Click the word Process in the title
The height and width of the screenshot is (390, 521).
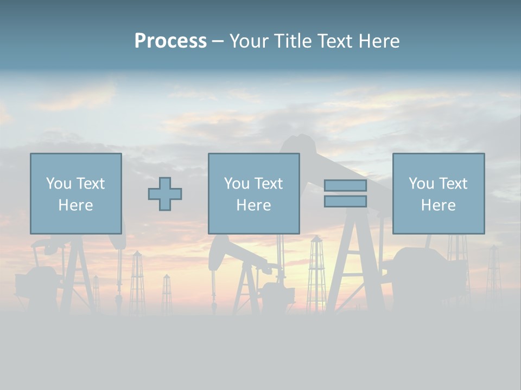[x=170, y=41]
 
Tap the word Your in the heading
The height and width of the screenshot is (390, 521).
[x=247, y=41]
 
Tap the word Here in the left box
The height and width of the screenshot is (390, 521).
[x=75, y=205]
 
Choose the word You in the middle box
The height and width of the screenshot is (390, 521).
[x=237, y=184]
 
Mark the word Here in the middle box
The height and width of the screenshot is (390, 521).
[x=253, y=205]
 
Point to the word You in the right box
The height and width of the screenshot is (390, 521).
[x=421, y=184]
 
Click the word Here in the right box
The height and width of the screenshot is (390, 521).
[x=438, y=205]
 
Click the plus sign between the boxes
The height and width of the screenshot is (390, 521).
[x=165, y=194]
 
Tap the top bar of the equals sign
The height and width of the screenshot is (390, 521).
[x=345, y=185]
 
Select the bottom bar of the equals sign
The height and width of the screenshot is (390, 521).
[x=345, y=201]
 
